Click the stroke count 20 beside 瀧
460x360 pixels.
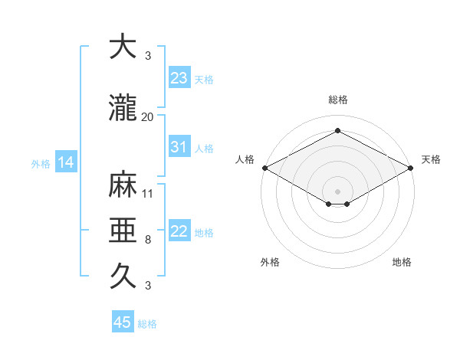(147, 116)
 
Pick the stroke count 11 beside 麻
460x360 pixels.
(147, 193)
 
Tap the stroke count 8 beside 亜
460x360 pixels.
(147, 240)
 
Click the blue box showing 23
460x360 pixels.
(179, 78)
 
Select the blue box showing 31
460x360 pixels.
(179, 148)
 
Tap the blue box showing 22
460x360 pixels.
(179, 232)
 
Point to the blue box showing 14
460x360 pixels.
(65, 162)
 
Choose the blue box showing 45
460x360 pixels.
(123, 322)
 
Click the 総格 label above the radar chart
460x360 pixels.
(337, 100)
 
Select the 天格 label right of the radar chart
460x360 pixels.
(431, 159)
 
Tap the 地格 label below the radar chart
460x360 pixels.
(402, 262)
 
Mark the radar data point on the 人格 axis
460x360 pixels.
(264, 167)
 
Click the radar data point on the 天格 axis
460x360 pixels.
(411, 167)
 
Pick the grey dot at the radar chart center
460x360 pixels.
(337, 190)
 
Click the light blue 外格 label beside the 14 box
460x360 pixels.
(41, 163)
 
